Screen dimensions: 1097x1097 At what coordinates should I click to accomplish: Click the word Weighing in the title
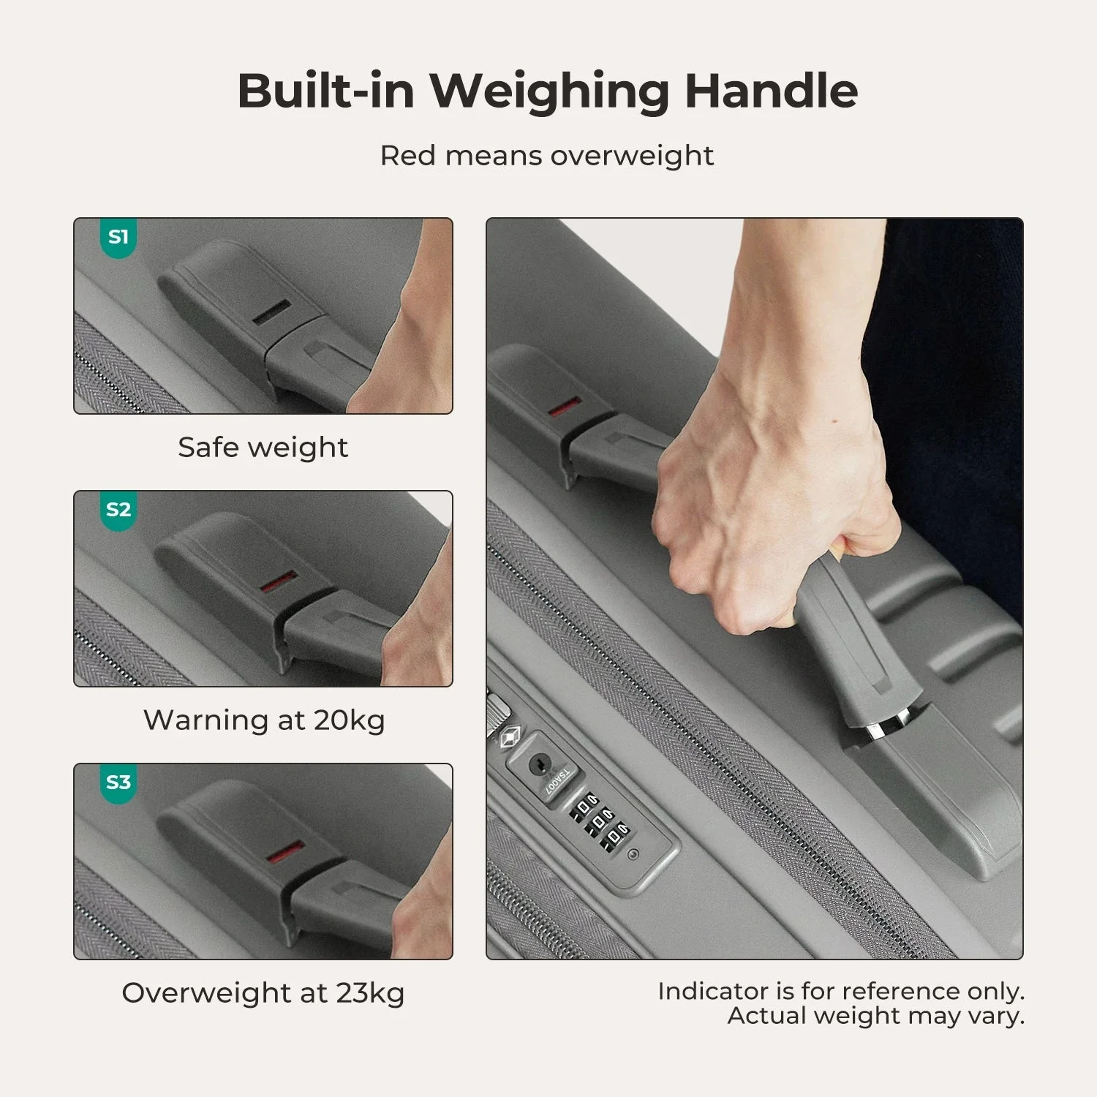pyautogui.click(x=548, y=91)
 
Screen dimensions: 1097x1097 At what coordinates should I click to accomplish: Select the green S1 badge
pyautogui.click(x=118, y=237)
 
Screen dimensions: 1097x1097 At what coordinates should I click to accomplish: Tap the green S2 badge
pyautogui.click(x=118, y=509)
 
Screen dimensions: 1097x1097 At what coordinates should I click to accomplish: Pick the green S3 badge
pyautogui.click(x=118, y=782)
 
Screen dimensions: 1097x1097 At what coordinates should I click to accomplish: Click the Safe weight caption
pyautogui.click(x=263, y=447)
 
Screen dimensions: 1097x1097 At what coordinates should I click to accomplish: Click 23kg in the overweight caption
pyautogui.click(x=370, y=993)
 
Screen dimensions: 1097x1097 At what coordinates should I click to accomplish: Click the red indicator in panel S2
pyautogui.click(x=279, y=582)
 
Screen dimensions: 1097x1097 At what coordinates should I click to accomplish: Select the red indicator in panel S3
pyautogui.click(x=285, y=853)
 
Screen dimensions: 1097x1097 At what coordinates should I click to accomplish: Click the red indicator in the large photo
pyautogui.click(x=565, y=407)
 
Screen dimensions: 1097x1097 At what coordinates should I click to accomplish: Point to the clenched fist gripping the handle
pyautogui.click(x=739, y=541)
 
